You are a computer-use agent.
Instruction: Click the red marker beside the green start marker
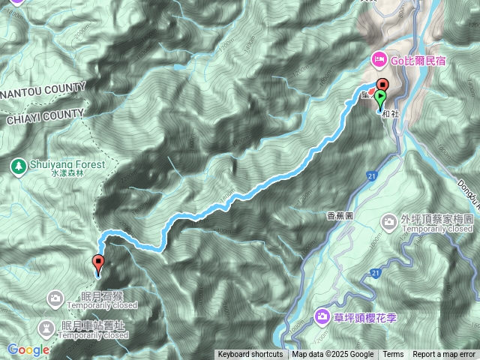382,85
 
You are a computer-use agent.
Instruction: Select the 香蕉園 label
340,215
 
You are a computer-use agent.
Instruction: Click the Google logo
28,349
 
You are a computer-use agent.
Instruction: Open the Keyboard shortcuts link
250,355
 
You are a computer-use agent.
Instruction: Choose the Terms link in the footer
393,355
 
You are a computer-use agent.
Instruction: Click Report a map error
444,355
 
